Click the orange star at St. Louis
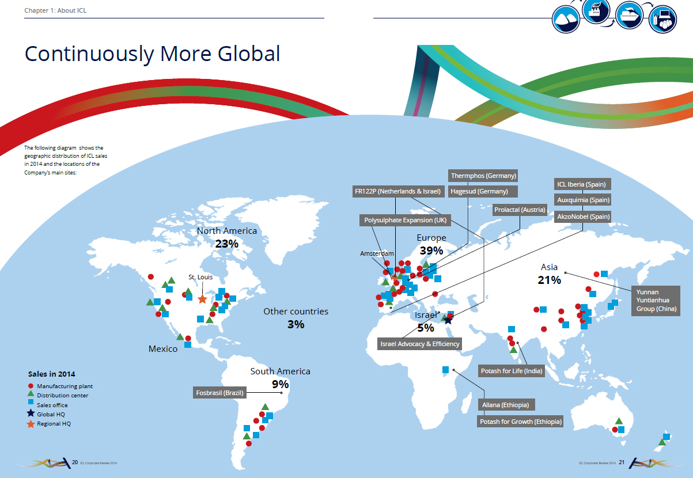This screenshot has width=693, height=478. point(202,299)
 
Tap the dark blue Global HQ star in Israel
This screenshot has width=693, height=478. point(448,320)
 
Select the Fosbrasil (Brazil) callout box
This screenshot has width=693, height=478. point(219,393)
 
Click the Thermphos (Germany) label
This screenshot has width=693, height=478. point(483,176)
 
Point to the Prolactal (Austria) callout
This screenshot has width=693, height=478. point(520,210)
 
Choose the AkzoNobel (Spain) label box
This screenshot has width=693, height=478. point(583,217)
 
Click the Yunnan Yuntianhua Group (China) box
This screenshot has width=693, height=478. point(656,301)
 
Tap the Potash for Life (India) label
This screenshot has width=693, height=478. point(512,371)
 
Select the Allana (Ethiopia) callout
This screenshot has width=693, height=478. point(506,405)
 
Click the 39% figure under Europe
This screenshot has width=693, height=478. point(431,251)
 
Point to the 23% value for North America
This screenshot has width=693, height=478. point(227,244)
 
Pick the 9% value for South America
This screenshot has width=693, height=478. point(281,384)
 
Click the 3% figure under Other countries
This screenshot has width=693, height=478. point(296,324)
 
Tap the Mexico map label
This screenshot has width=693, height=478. point(163,348)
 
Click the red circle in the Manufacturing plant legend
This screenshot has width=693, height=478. point(31,386)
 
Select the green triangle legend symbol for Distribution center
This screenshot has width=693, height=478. point(31,394)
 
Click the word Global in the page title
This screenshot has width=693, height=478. point(249,54)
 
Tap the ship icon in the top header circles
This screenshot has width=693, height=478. point(629,15)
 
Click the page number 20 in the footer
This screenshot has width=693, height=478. point(75,462)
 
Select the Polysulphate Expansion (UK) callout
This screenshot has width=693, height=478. point(405,220)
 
